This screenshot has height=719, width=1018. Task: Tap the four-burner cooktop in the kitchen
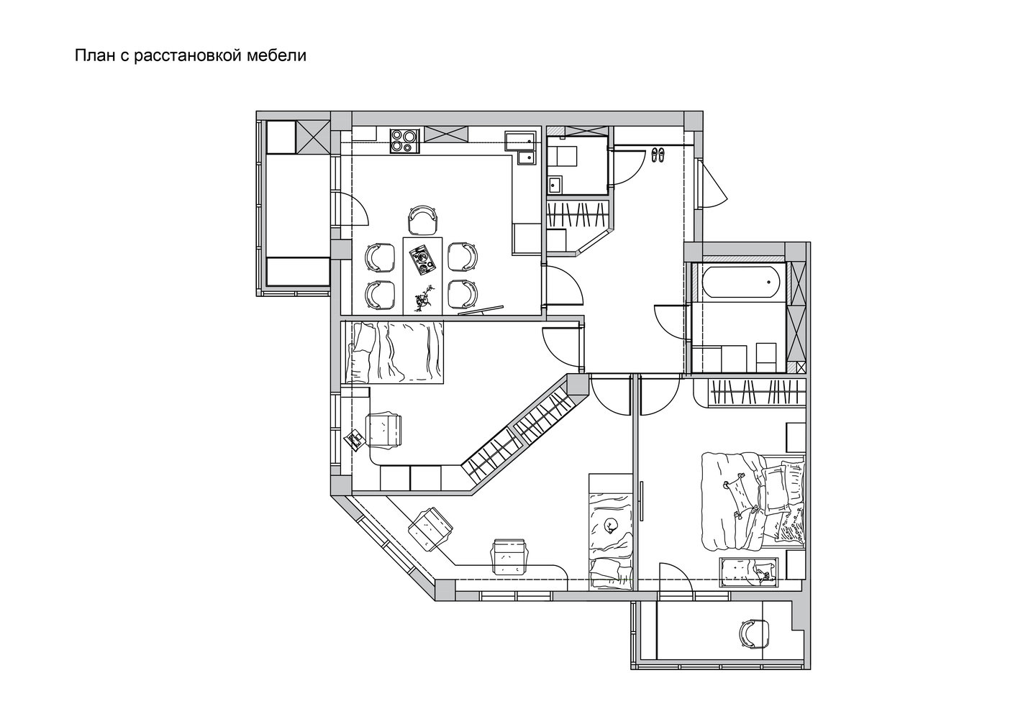[x=405, y=141]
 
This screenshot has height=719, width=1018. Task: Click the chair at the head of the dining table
[x=423, y=220]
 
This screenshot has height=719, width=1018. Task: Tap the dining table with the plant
[x=422, y=275]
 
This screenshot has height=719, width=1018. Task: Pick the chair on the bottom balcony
[x=754, y=634]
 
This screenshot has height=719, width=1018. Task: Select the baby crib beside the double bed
[x=748, y=572]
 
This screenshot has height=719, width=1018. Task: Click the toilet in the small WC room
[x=562, y=157]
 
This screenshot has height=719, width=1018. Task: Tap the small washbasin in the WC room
[x=555, y=186]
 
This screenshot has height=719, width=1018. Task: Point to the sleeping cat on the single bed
[x=608, y=526]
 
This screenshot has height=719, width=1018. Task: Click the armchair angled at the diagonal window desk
[x=431, y=528]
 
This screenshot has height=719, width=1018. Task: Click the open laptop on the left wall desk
[x=355, y=439]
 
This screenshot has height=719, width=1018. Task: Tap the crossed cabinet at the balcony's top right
[x=312, y=137]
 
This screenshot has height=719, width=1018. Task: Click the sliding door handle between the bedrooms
[x=642, y=501]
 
